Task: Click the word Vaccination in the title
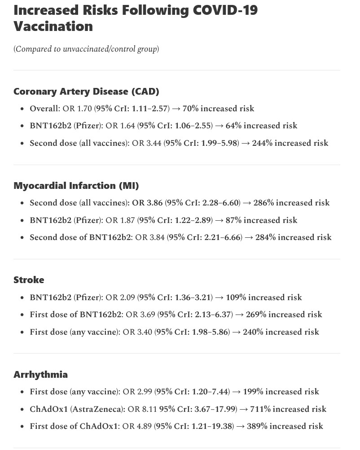point(53,26)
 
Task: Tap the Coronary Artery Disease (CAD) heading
point(86,92)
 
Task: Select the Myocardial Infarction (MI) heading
point(76,186)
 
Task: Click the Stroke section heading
point(29,280)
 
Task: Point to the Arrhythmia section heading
point(40,375)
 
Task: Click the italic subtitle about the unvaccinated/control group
point(86,49)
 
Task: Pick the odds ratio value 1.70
point(84,109)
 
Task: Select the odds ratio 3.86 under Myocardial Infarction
point(154,203)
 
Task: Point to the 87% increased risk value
point(261,220)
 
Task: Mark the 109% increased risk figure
point(264,297)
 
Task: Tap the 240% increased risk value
point(281,332)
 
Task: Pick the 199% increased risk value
point(281,392)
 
